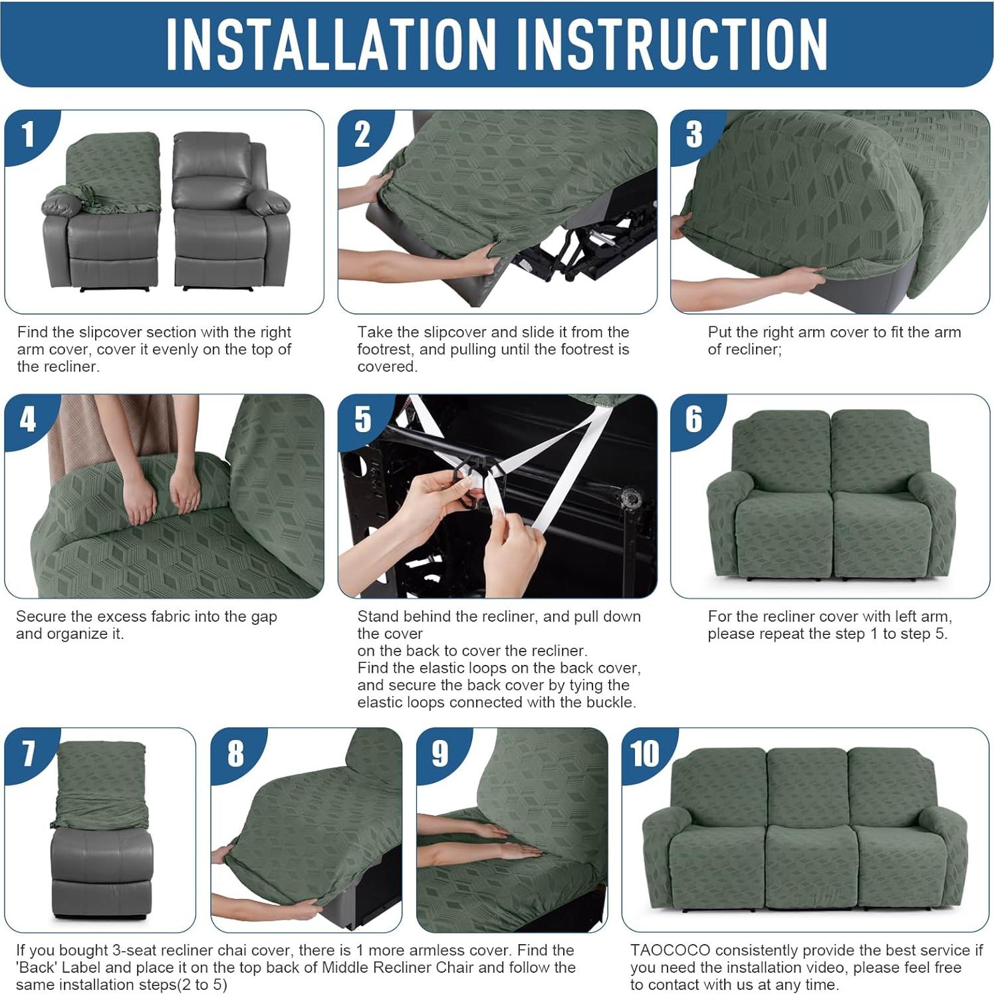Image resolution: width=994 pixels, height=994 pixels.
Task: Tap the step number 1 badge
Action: tap(28, 135)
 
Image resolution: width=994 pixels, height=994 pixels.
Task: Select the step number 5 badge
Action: tap(362, 420)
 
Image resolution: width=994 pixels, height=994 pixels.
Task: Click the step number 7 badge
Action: tap(28, 754)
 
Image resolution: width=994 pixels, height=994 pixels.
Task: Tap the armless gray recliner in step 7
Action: tap(101, 871)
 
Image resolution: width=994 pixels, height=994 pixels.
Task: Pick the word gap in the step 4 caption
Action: tap(263, 616)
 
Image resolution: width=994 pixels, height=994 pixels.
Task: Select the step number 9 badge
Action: tap(439, 754)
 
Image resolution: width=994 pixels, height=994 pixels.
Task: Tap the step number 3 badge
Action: tap(693, 135)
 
